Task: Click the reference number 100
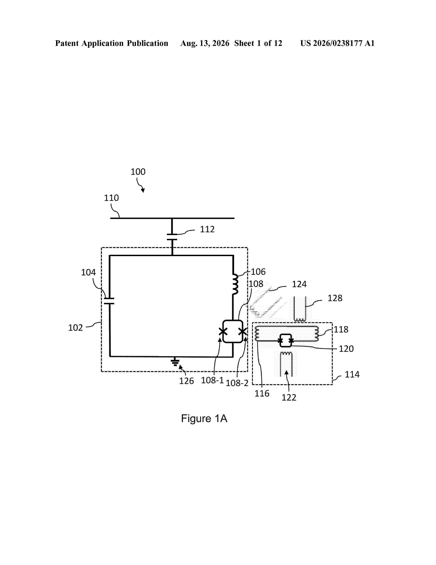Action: (x=138, y=172)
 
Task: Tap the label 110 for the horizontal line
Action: (x=111, y=198)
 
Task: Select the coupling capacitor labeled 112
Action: (x=172, y=237)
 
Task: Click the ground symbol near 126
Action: (x=175, y=362)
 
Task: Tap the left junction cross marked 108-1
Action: (x=223, y=331)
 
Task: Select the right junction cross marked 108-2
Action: (x=243, y=331)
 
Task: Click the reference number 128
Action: (x=335, y=298)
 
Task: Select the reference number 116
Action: (x=262, y=393)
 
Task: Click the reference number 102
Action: (x=75, y=328)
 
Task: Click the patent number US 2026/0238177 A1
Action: (x=337, y=43)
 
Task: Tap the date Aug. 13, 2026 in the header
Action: (x=205, y=43)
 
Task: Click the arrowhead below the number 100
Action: (x=143, y=190)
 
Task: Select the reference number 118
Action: (x=341, y=330)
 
